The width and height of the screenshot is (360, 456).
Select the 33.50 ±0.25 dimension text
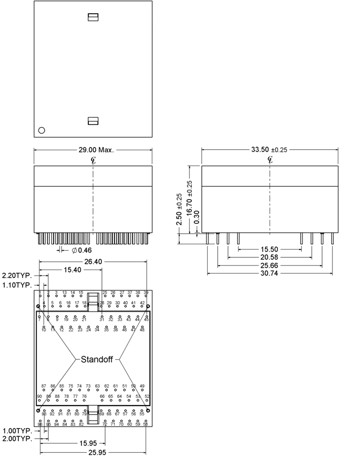click(269, 150)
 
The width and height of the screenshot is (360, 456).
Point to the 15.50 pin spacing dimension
click(269, 249)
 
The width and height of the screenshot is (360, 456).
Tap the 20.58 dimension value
click(269, 257)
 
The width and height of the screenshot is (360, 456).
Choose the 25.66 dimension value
click(269, 266)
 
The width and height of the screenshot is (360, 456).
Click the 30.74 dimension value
click(269, 274)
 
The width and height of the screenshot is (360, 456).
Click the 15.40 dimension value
click(73, 270)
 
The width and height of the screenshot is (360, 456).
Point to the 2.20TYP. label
click(17, 275)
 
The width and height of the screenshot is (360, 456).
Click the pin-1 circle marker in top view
click(42, 130)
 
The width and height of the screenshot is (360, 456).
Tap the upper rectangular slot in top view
click(93, 17)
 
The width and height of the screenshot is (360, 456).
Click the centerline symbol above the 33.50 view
click(270, 159)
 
